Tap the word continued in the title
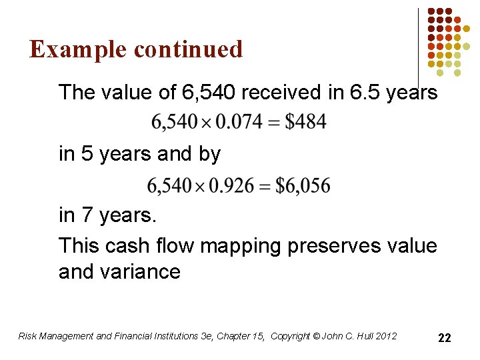[x=188, y=49]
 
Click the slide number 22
[x=444, y=338]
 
